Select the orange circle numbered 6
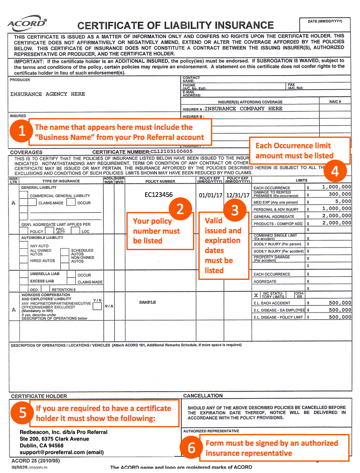click(191, 448)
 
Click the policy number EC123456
click(159, 195)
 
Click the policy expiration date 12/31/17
click(237, 196)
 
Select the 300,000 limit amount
click(339, 194)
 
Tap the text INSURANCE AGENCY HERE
click(47, 94)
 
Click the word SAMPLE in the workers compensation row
click(147, 302)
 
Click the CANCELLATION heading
click(203, 395)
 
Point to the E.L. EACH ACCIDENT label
click(272, 303)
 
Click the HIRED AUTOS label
click(42, 261)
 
